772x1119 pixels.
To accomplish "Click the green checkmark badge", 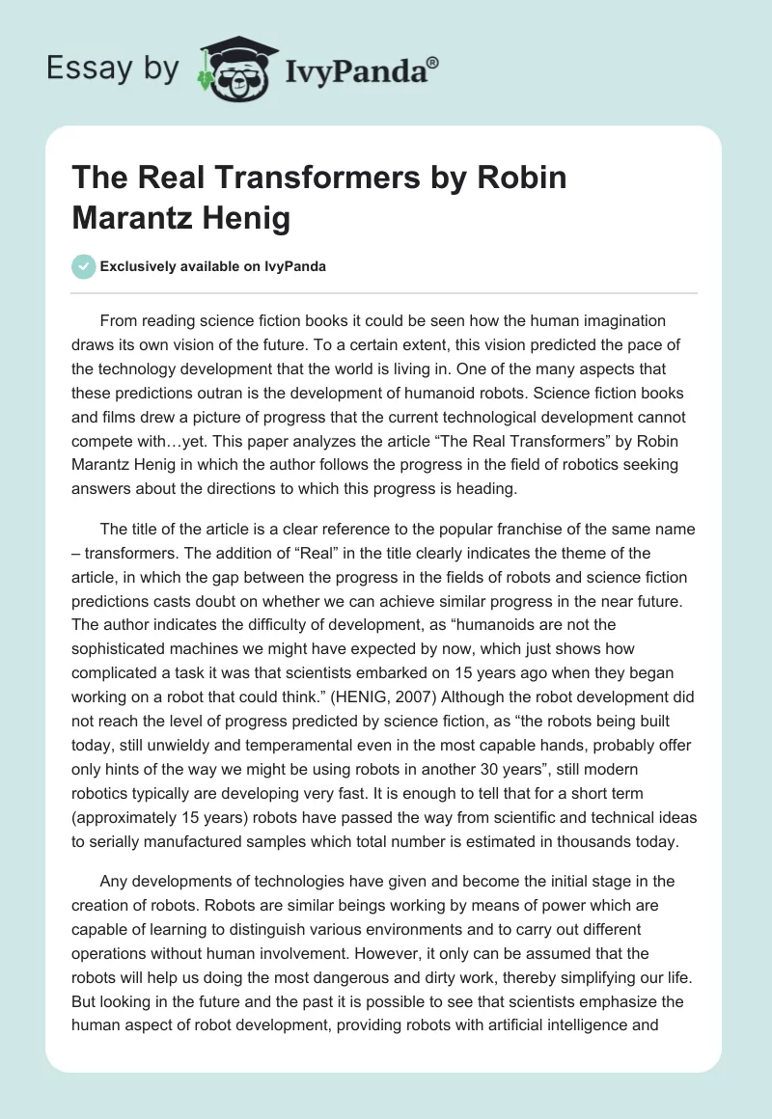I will click(x=84, y=266).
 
